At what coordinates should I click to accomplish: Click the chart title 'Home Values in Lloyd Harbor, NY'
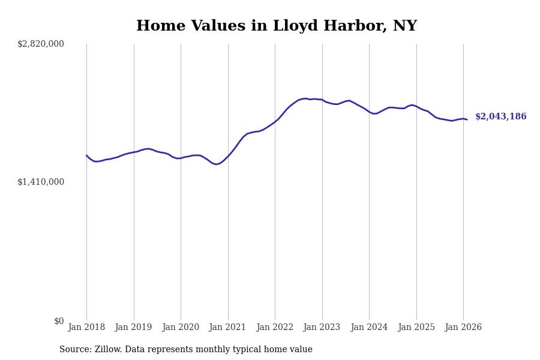[277, 26]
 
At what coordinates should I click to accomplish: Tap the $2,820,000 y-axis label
[41, 44]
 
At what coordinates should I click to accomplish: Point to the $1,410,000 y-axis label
[41, 182]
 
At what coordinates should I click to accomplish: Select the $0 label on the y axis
[59, 321]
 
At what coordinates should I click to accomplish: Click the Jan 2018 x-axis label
[86, 327]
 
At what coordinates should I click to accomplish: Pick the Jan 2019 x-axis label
[134, 327]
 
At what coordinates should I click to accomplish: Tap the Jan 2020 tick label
[181, 327]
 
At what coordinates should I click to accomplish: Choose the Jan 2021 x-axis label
[228, 327]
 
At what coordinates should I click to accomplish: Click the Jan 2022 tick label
[275, 327]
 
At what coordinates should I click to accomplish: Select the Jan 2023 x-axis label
[322, 327]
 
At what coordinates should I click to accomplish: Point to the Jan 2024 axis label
[369, 327]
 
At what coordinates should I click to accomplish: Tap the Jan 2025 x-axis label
[416, 327]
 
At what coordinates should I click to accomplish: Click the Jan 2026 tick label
[463, 327]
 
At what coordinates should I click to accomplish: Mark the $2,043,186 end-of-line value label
[501, 117]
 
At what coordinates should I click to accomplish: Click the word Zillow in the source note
[106, 350]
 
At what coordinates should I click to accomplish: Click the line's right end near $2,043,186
[467, 119]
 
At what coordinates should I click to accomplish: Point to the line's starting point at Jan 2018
[86, 155]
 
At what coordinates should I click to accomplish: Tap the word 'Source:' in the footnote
[76, 350]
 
